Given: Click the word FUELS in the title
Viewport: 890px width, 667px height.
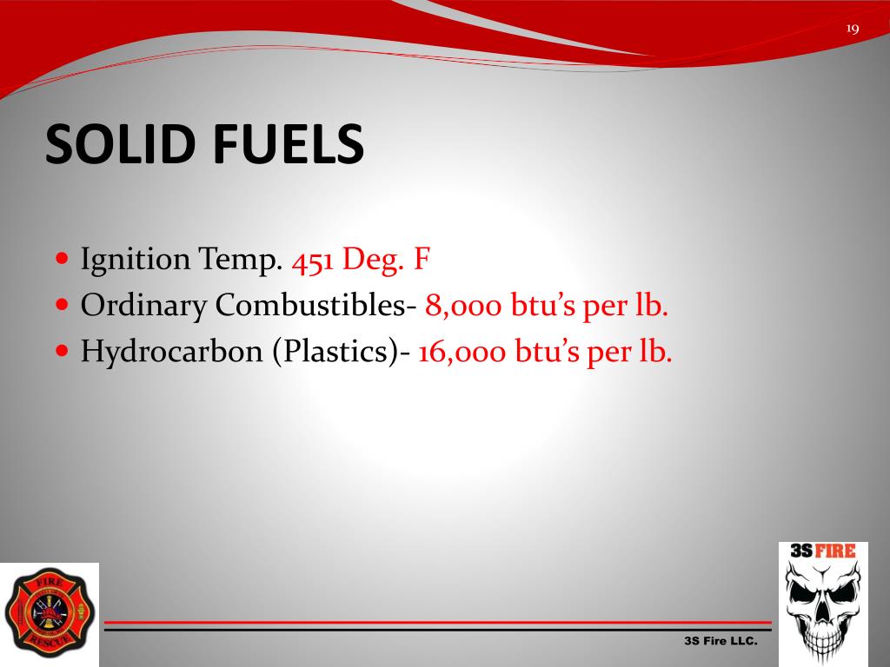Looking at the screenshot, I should pyautogui.click(x=286, y=144).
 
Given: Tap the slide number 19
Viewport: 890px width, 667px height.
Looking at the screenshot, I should pyautogui.click(x=852, y=29).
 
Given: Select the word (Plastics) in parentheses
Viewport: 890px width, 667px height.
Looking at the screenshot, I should pyautogui.click(x=335, y=352).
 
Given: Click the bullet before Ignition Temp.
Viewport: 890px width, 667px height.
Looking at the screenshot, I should pyautogui.click(x=61, y=259).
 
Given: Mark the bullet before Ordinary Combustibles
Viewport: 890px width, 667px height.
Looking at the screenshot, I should pyautogui.click(x=61, y=305).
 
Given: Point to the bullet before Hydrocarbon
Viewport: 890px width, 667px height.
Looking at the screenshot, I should pyautogui.click(x=61, y=351).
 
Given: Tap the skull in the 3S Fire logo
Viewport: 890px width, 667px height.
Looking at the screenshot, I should pyautogui.click(x=821, y=608).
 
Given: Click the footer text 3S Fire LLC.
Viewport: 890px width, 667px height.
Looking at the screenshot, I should pyautogui.click(x=721, y=641).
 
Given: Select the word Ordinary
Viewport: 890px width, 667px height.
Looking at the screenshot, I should pyautogui.click(x=143, y=306).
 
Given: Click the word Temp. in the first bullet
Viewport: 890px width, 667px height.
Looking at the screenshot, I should pyautogui.click(x=240, y=260).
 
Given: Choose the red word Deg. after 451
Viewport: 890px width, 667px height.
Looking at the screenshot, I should pyautogui.click(x=374, y=260).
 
